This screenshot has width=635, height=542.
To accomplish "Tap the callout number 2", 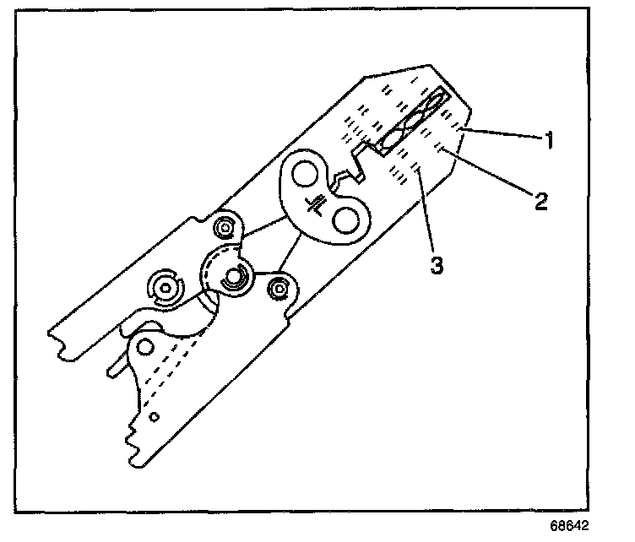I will click(x=540, y=200).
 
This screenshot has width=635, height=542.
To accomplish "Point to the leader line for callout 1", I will click(x=503, y=134).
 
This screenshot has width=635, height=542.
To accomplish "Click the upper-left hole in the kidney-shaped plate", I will click(x=301, y=176).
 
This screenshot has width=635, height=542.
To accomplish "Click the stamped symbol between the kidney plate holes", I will click(x=318, y=203).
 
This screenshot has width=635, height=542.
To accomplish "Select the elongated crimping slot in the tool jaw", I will click(x=414, y=120).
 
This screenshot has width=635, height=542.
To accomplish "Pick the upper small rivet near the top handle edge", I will click(x=225, y=228).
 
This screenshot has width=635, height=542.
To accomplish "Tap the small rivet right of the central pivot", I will click(x=276, y=290).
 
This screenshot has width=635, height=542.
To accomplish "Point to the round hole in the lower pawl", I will click(x=145, y=346).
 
